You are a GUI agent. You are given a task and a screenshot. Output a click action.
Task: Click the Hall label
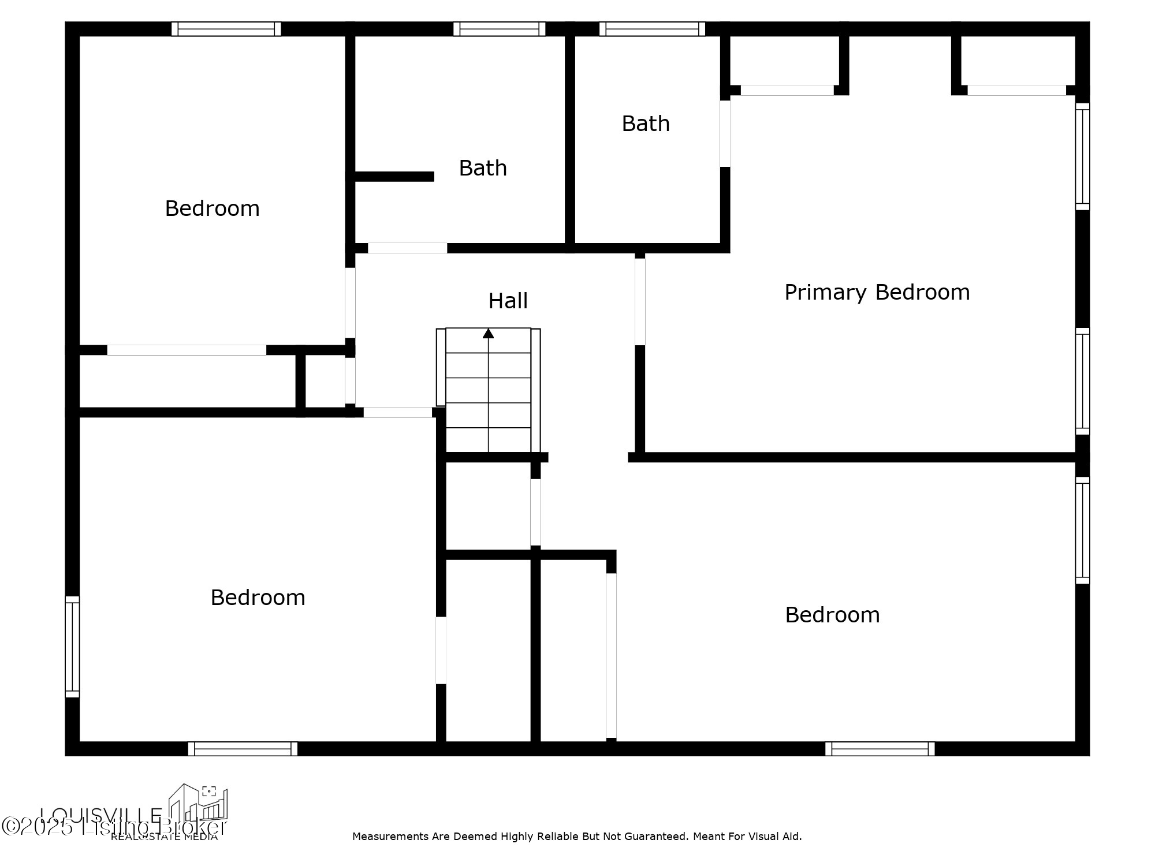(x=508, y=301)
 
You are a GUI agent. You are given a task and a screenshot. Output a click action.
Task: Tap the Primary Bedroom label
(x=877, y=292)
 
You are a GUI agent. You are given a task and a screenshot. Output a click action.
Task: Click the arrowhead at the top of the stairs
(x=489, y=333)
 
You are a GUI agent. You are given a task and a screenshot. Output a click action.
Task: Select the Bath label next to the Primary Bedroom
(x=646, y=124)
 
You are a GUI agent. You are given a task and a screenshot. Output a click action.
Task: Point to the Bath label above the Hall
(x=483, y=168)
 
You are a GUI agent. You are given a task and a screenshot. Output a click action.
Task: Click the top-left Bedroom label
(x=212, y=208)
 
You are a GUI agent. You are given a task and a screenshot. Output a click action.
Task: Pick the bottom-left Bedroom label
(x=258, y=598)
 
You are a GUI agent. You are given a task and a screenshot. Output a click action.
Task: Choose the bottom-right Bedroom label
(x=832, y=615)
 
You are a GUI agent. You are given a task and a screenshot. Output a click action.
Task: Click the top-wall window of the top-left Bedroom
(x=226, y=29)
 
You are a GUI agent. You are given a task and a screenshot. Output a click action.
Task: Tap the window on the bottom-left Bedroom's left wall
(x=72, y=647)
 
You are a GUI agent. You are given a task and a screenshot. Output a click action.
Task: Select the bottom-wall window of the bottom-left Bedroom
(x=243, y=749)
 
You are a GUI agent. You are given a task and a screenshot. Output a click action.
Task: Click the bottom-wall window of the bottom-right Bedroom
(x=880, y=749)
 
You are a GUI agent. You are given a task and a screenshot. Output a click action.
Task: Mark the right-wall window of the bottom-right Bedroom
(x=1082, y=530)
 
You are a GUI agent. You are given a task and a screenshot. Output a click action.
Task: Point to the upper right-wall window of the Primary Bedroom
(x=1082, y=156)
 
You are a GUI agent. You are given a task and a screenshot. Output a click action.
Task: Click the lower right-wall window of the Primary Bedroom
(x=1082, y=381)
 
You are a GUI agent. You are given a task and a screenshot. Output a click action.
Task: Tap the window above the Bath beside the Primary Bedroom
(x=652, y=29)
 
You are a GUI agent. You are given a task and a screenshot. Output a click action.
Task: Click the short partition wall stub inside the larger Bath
(x=394, y=177)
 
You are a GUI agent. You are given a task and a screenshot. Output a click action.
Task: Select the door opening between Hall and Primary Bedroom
(x=640, y=301)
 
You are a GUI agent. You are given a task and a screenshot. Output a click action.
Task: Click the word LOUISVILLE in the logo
(x=101, y=816)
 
